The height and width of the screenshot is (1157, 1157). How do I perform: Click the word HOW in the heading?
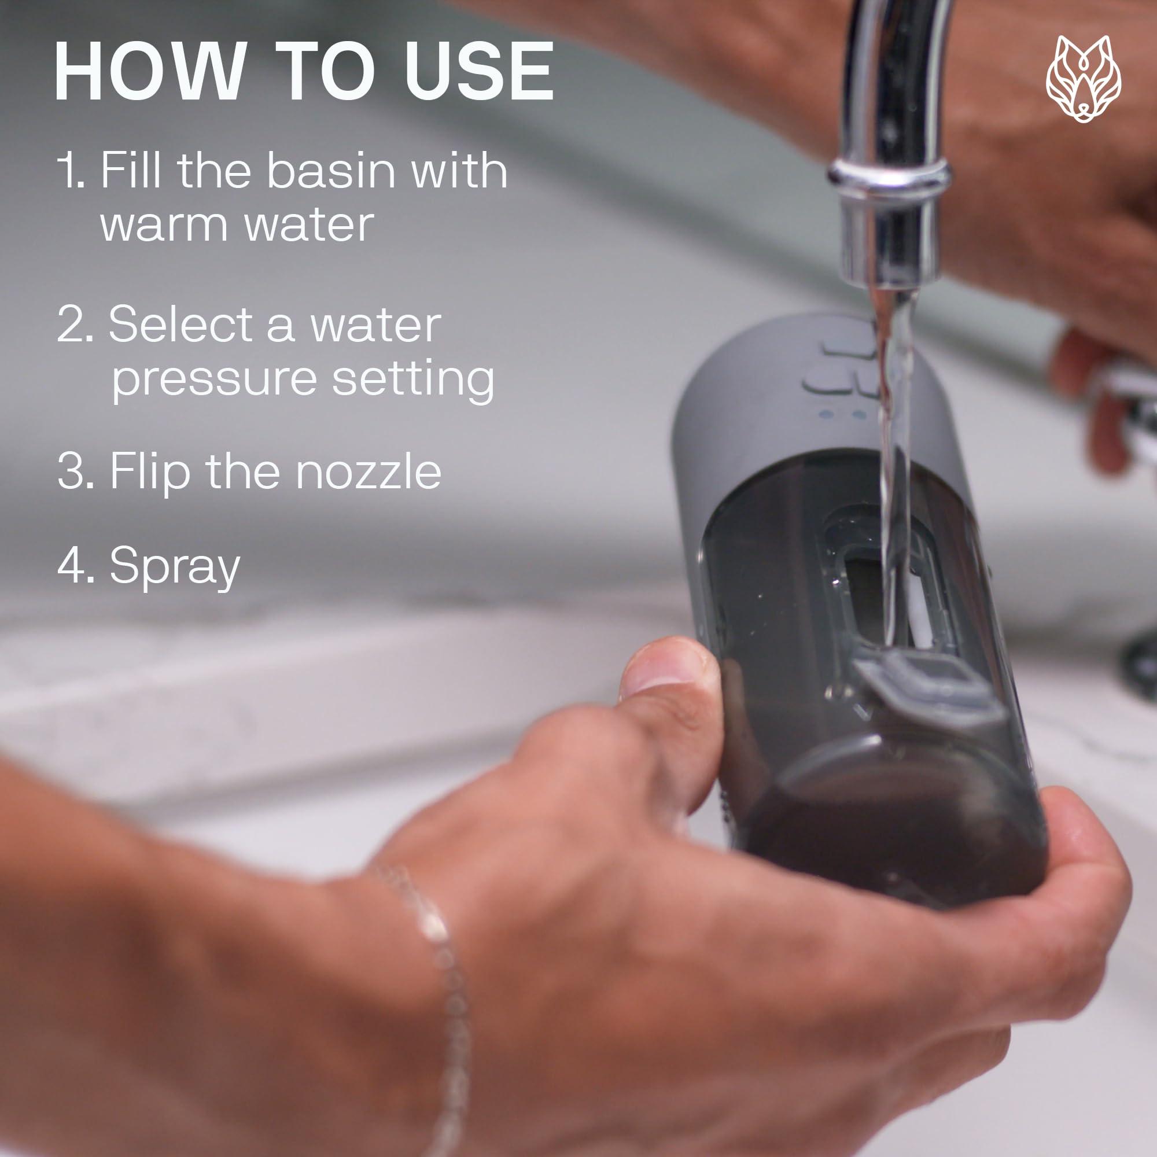pyautogui.click(x=150, y=72)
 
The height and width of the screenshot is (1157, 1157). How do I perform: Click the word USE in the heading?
pyautogui.click(x=479, y=72)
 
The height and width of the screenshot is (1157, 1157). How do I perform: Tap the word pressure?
pyautogui.click(x=215, y=380)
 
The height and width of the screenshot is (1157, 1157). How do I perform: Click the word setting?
pyautogui.click(x=413, y=378)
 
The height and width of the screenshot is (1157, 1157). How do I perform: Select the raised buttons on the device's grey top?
pyautogui.click(x=841, y=367)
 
